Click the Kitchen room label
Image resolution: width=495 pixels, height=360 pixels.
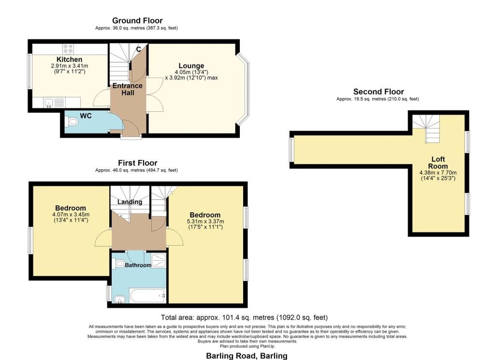coord(70,60)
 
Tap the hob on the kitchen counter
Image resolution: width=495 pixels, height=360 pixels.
coord(68,49)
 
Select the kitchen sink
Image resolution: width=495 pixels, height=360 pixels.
coord(49,103)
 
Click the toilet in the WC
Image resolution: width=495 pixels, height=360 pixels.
coord(72,121)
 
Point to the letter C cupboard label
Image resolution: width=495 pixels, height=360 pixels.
coord(139,49)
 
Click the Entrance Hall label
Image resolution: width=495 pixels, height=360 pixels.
coord(128,89)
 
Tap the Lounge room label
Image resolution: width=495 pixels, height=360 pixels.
coord(191,66)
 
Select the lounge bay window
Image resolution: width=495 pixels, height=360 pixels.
coord(243,89)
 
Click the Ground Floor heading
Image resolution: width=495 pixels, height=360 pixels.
coord(137,20)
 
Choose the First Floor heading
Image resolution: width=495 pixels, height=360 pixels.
coord(138,163)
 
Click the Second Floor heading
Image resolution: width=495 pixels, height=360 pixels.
coord(379,91)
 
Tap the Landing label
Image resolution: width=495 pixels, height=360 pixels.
coord(130,202)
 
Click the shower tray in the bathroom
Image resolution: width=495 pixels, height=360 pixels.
coord(159,260)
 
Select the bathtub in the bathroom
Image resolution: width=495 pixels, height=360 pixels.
coord(148,296)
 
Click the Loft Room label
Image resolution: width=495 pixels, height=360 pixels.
coord(438,163)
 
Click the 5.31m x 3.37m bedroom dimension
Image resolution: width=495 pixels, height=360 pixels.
coord(205,221)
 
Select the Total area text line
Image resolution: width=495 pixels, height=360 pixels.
coord(244,317)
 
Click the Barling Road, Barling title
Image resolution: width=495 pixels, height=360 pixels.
coord(247,356)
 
